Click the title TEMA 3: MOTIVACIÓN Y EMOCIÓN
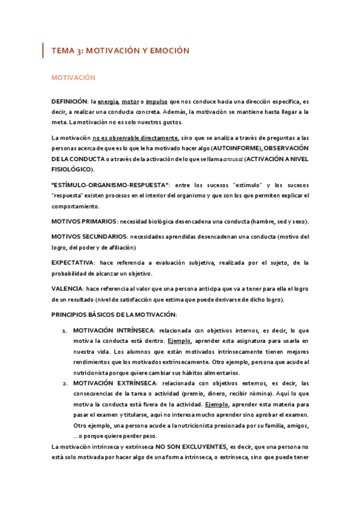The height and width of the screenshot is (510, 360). click(120, 51)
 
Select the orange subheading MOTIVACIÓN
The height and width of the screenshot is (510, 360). click(74, 78)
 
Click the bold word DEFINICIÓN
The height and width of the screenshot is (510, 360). click(69, 102)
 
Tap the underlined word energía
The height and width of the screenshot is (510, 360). click(108, 102)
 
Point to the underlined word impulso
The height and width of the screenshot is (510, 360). click(156, 102)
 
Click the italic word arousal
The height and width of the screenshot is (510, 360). click(217, 159)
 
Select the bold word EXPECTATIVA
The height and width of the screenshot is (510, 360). click(73, 263)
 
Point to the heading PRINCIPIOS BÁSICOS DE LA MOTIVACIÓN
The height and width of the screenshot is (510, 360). click(114, 315)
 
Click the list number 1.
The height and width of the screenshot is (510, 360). click(64, 331)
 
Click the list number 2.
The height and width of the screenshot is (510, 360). click(64, 384)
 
